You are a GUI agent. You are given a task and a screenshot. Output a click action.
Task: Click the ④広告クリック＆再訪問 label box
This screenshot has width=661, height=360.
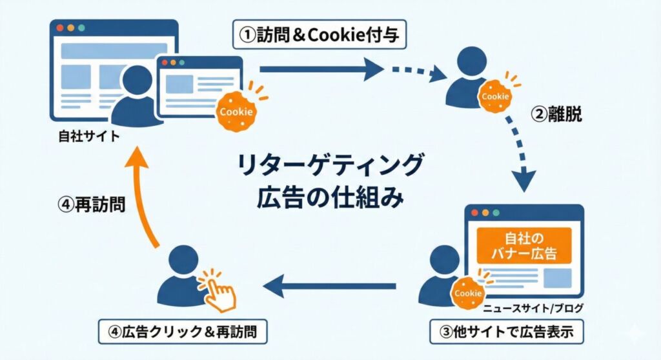pyautogui.click(x=183, y=334)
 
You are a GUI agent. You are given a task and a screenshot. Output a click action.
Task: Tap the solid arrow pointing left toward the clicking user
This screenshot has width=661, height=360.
pyautogui.click(x=329, y=286)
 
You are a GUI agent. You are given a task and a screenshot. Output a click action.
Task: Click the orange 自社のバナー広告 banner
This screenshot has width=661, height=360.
pyautogui.click(x=524, y=245)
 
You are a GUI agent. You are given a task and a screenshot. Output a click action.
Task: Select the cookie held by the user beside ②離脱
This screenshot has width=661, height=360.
pyautogui.click(x=495, y=95)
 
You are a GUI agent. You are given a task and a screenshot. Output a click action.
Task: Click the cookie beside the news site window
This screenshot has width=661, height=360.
pyautogui.click(x=468, y=293)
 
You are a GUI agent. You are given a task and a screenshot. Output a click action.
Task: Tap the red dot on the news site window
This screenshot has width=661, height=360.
pyautogui.click(x=474, y=213)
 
